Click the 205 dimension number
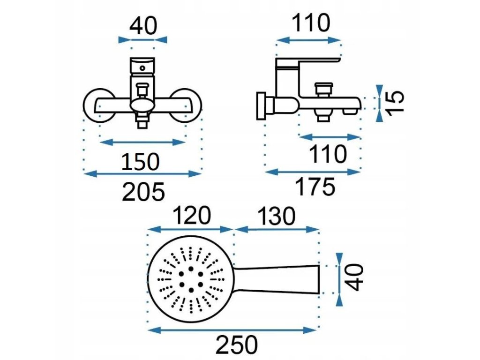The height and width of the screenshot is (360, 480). (143, 192)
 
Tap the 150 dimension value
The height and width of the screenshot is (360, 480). (141, 162)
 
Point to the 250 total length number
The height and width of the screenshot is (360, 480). (236, 345)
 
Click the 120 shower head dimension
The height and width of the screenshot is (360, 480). (192, 216)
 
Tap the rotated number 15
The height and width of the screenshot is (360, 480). (395, 101)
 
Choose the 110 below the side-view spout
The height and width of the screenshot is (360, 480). (328, 154)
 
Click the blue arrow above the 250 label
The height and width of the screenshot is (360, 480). (233, 330)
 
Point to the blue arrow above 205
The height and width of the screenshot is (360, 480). (142, 174)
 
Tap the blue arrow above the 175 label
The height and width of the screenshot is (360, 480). (314, 172)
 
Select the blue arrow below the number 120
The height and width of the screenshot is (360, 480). (191, 229)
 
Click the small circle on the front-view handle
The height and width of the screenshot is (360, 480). (142, 68)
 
